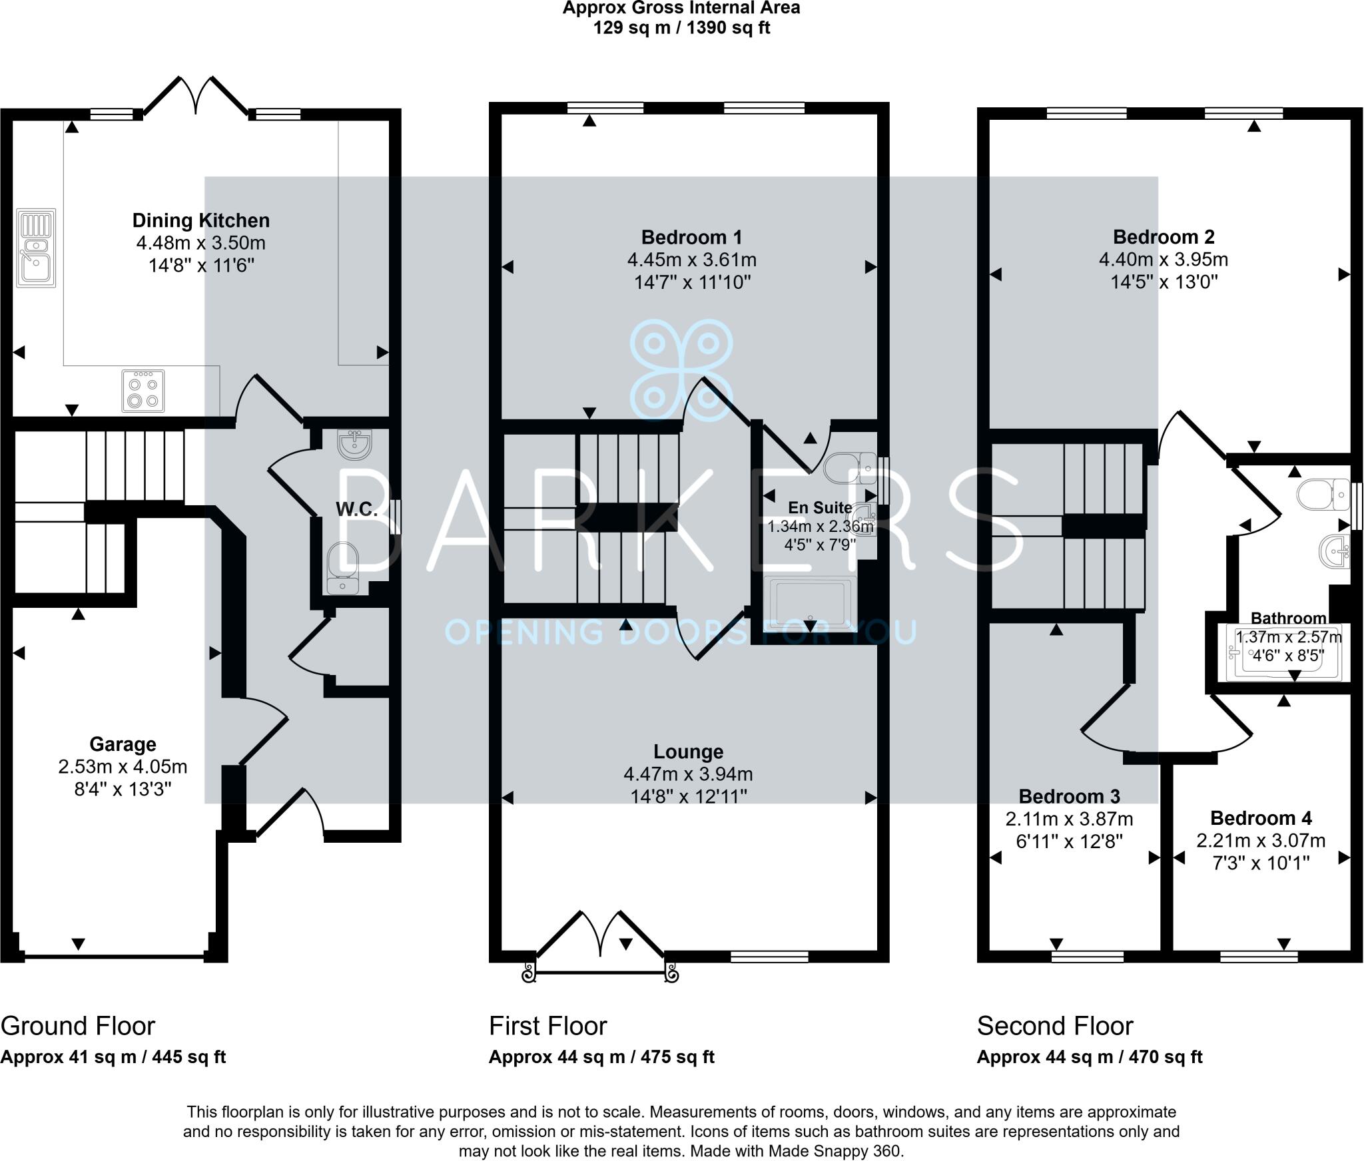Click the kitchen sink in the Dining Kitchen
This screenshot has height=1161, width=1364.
pos(36,248)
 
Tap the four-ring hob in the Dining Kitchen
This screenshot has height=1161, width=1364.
pos(143,391)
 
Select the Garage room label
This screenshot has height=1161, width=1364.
pos(123,744)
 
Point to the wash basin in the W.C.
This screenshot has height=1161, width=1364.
pos(354,444)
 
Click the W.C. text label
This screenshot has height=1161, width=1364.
pos(356,509)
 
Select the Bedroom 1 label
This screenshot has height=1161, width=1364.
pos(691,237)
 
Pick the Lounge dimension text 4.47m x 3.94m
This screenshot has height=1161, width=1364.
pos(688,774)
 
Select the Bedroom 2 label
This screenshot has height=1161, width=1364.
pos(1164,237)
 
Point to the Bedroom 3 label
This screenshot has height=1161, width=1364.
pos(1069,796)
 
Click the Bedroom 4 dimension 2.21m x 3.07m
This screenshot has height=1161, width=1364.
pos(1260,841)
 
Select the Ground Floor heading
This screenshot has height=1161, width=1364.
pos(78,1026)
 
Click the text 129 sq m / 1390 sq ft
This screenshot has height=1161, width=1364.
pos(681,28)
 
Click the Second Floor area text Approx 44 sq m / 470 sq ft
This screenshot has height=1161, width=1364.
pos(1089,1057)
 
